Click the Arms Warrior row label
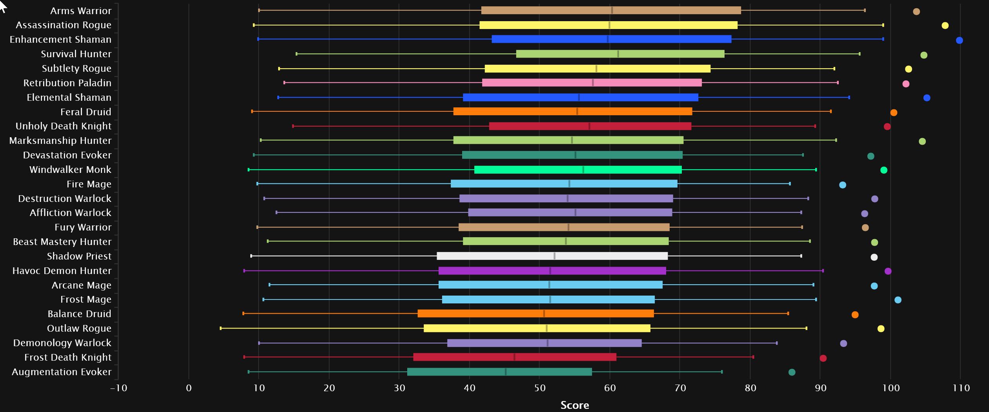pyautogui.click(x=80, y=11)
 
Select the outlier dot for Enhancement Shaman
pyautogui.click(x=959, y=40)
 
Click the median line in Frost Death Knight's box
pyautogui.click(x=514, y=357)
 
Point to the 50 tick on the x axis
pyautogui.click(x=539, y=388)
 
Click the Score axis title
pyautogui.click(x=574, y=405)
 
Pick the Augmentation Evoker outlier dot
pyautogui.click(x=792, y=372)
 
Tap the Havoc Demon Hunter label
pyautogui.click(x=62, y=271)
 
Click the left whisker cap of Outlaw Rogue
pyautogui.click(x=221, y=328)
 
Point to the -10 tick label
pyautogui.click(x=118, y=388)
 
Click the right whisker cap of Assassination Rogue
pyautogui.click(x=883, y=25)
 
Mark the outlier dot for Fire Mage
pyautogui.click(x=842, y=185)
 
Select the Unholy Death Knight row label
pyautogui.click(x=63, y=126)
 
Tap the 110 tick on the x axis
pyautogui.click(x=961, y=388)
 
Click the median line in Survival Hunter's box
pyautogui.click(x=618, y=54)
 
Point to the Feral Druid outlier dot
pyautogui.click(x=894, y=113)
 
